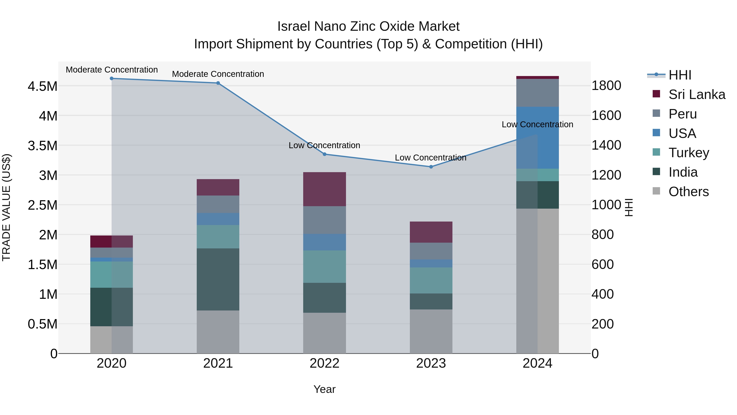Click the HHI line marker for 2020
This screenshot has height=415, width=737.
coord(112,78)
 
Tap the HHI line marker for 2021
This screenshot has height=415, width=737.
coord(218,83)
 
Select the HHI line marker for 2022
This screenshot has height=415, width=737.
coord(324,154)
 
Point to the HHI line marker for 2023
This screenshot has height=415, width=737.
coord(431,167)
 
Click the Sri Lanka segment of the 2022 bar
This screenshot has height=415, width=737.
coord(324,189)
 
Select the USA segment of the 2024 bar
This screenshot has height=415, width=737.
coord(537,138)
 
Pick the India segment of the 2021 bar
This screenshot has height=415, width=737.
coord(218,279)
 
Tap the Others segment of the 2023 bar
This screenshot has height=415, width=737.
coord(431,331)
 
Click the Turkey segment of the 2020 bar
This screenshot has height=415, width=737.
coord(112,274)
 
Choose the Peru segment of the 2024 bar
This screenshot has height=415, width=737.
coord(537,93)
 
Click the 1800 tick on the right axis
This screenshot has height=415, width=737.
coord(606,86)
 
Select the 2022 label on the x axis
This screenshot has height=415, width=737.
coord(324,363)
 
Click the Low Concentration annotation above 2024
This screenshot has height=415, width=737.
coord(537,125)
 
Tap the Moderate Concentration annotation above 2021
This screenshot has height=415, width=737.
coord(218,74)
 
